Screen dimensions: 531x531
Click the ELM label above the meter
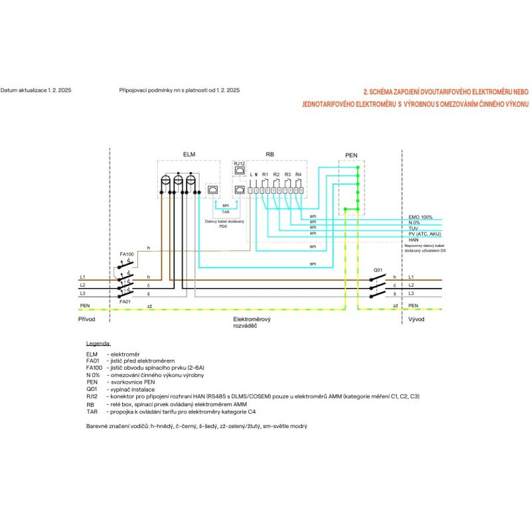(189, 154)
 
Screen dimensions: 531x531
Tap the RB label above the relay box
(269, 154)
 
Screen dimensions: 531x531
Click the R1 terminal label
(265, 174)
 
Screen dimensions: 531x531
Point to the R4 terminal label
(299, 174)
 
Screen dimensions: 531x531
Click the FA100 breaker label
(126, 254)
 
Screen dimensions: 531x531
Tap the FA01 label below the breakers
(125, 301)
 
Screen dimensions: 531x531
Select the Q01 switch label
(378, 269)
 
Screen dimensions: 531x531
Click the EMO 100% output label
(420, 217)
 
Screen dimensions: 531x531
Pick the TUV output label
(414, 228)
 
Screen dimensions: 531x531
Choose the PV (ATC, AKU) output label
(425, 234)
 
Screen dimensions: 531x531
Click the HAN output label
(414, 240)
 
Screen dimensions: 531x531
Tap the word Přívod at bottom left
(87, 319)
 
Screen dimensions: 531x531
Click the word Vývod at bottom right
(416, 319)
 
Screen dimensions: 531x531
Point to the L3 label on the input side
(82, 293)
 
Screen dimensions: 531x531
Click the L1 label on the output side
(412, 276)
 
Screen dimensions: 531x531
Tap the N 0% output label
(415, 222)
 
